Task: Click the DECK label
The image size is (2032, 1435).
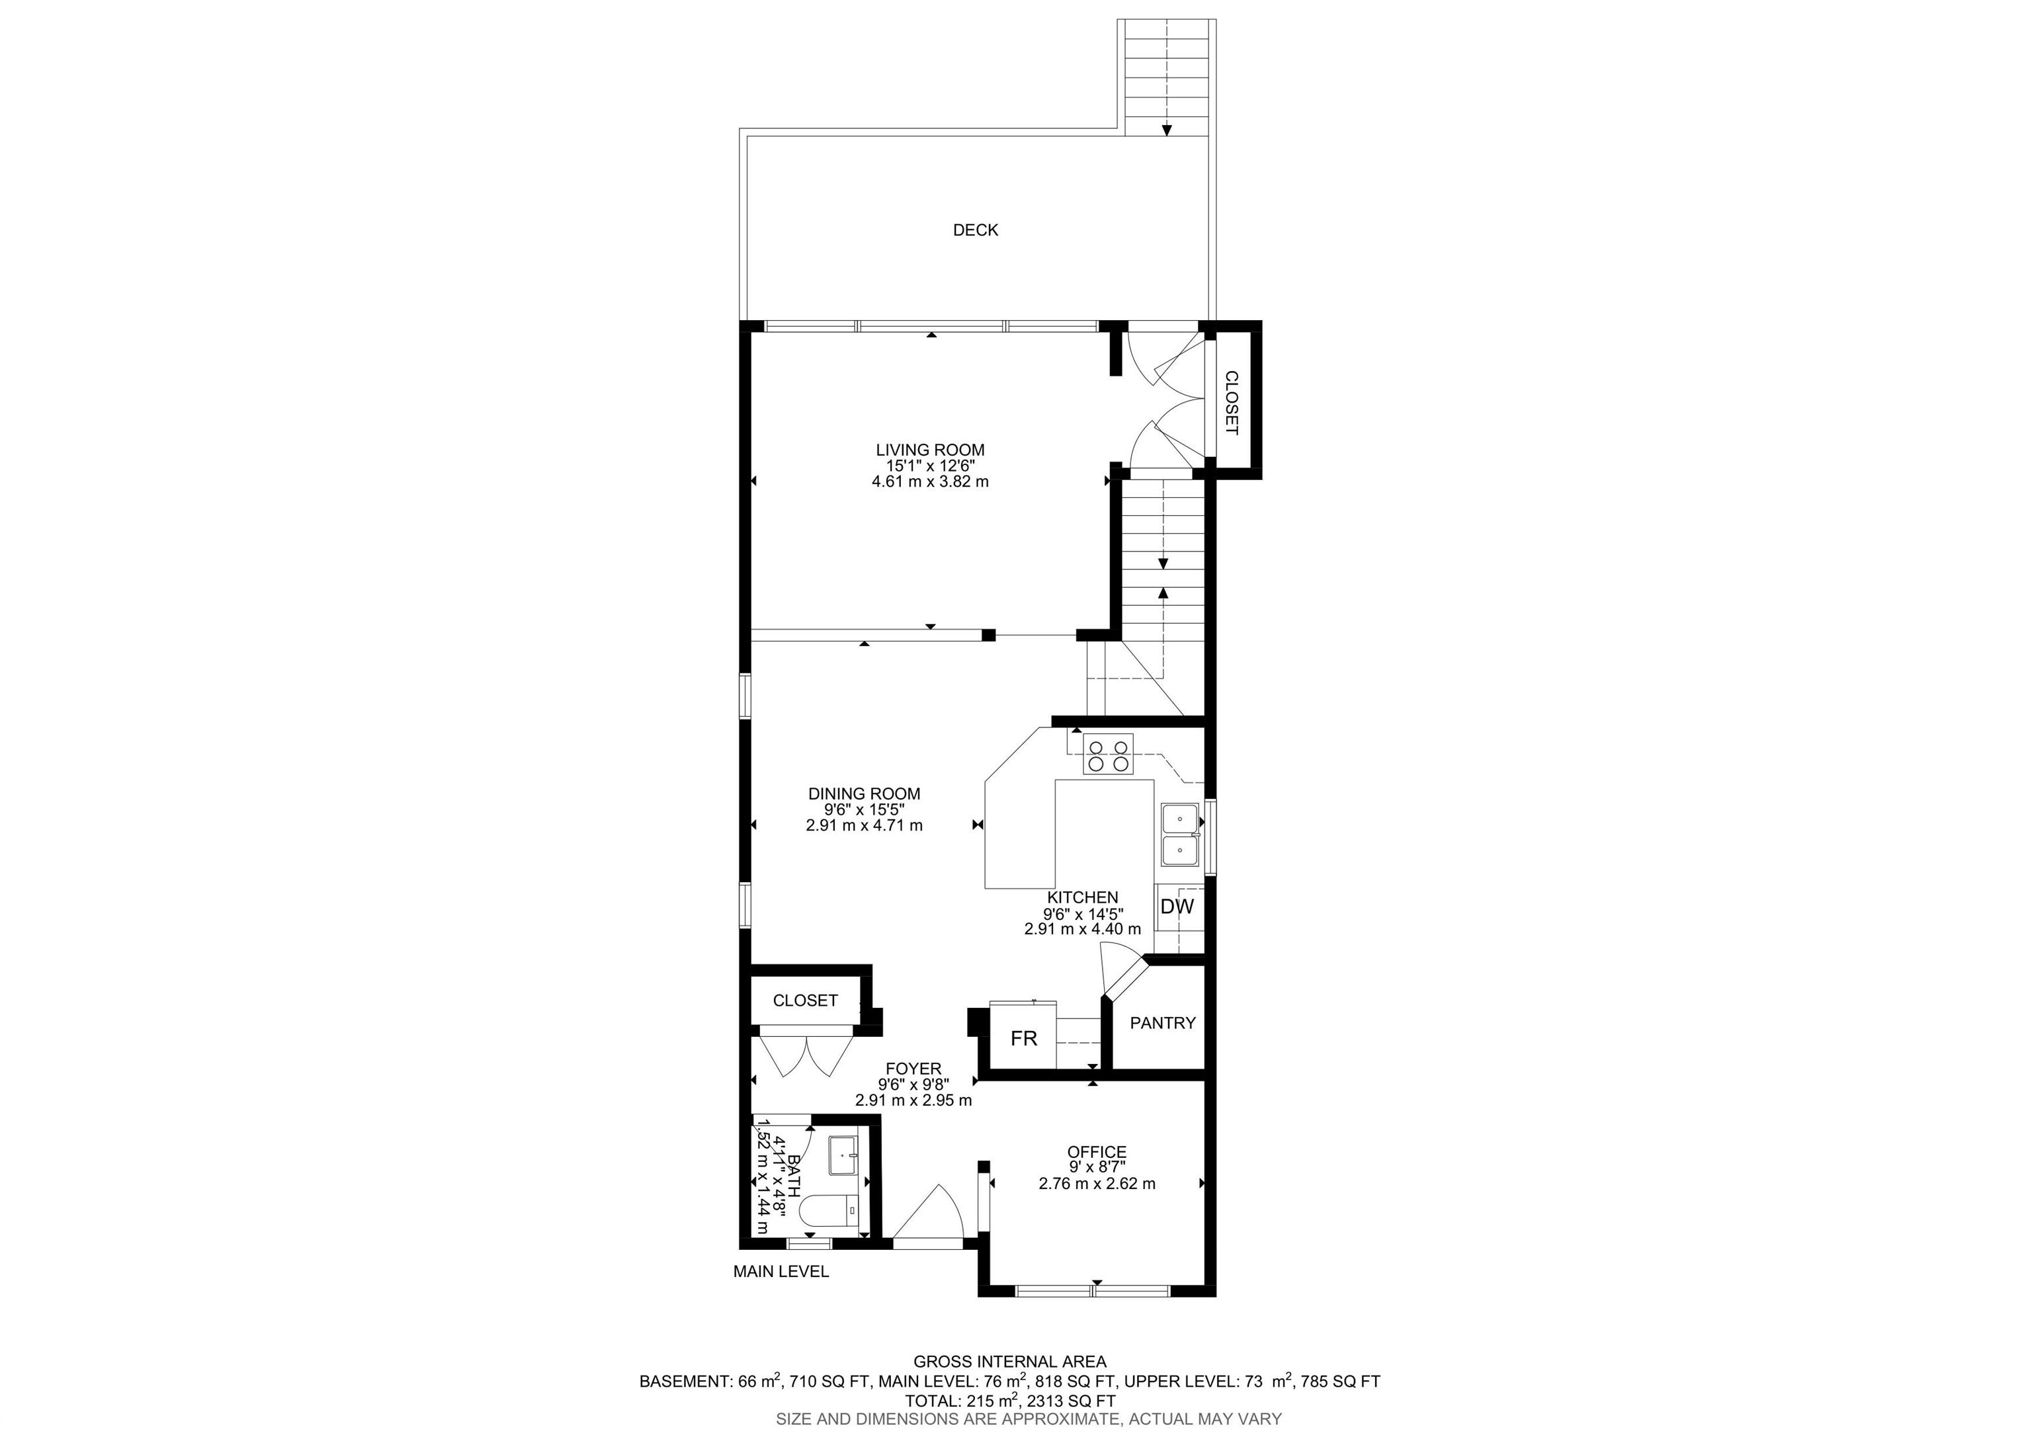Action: (x=975, y=230)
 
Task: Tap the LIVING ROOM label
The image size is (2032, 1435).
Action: (x=930, y=450)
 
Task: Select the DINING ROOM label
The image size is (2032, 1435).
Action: (x=864, y=794)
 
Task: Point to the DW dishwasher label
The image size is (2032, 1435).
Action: (x=1177, y=907)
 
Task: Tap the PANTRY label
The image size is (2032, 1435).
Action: (x=1163, y=1023)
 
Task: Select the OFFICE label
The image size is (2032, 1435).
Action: (x=1097, y=1152)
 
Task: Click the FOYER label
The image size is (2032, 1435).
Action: (x=913, y=1069)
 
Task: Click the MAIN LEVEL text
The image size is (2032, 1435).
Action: (x=781, y=1271)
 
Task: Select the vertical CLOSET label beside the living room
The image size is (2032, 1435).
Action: (x=1231, y=403)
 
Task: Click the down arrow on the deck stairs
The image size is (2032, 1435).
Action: (x=1166, y=130)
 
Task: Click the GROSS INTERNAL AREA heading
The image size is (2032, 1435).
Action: (x=1010, y=1362)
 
